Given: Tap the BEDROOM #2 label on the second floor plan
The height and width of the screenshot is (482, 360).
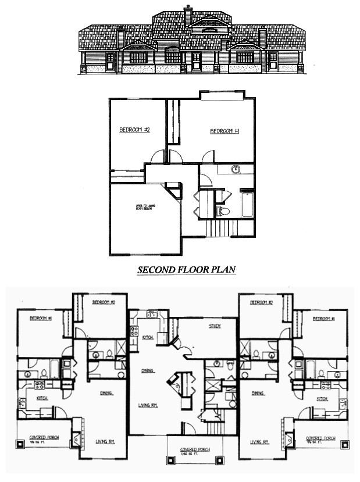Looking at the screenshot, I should coord(135,130).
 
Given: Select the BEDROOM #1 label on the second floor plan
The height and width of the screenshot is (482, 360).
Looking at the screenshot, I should coord(225,131).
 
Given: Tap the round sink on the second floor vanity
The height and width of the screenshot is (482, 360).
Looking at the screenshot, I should coord(236,170).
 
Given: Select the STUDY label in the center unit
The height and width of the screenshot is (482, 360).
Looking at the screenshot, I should coord(215,326).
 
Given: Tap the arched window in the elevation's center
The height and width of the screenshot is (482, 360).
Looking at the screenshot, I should coord(172,56).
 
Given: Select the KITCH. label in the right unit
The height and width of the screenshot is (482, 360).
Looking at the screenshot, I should coord(322,399).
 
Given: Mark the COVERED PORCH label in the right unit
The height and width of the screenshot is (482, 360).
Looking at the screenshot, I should coord(322,438).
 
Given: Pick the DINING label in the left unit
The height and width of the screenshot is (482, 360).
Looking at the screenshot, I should coord(105,393).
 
